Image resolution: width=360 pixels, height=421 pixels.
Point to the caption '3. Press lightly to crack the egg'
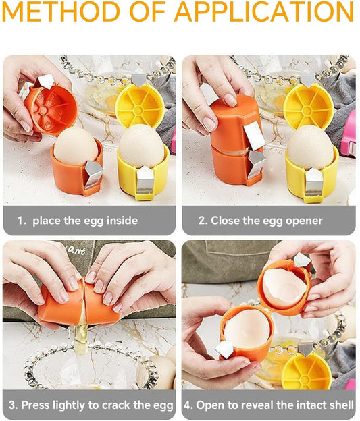[x=90, y=405]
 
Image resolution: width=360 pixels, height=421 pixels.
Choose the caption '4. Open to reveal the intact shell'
[x=269, y=405]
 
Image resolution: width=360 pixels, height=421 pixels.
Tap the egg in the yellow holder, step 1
[x=141, y=146]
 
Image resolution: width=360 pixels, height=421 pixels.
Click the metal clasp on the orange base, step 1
[x=93, y=174]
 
